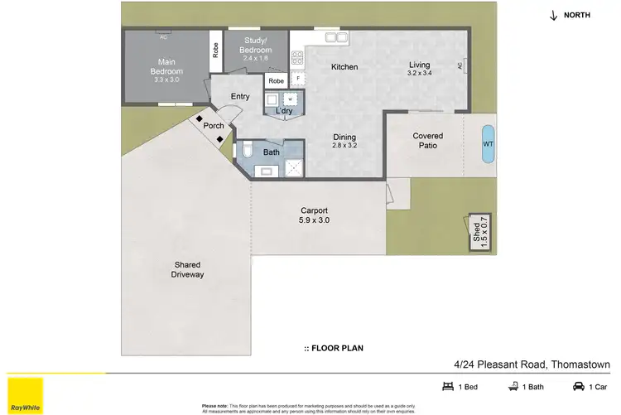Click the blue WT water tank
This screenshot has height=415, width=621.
(x=488, y=142)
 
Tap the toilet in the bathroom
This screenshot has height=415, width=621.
(x=247, y=150)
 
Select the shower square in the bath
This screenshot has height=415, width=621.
(x=293, y=168)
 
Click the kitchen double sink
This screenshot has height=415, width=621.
(x=335, y=36)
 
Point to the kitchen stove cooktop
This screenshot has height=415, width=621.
(x=297, y=58)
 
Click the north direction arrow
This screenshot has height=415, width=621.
(x=553, y=15)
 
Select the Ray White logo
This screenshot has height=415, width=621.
(x=26, y=395)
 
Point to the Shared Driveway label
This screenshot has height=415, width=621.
(x=187, y=269)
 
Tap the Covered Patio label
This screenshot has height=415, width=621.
(x=427, y=141)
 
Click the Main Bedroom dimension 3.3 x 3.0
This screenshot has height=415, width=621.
(x=166, y=80)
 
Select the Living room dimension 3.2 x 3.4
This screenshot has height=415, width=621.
(x=420, y=73)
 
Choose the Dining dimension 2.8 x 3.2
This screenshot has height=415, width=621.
(x=344, y=146)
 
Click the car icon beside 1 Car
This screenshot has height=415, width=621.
(x=579, y=386)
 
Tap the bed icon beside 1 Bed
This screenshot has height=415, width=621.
(x=448, y=386)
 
